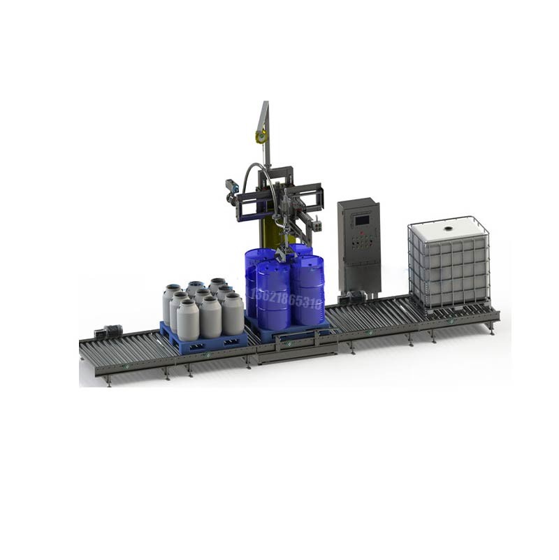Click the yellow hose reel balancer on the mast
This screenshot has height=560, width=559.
tap(261, 137)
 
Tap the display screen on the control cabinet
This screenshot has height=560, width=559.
tap(362, 220)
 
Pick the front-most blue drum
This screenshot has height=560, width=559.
tap(273, 295)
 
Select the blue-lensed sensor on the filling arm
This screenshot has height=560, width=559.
tap(232, 185)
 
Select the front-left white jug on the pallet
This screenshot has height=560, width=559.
tap(187, 320)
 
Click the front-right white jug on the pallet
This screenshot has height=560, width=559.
tap(232, 315)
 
